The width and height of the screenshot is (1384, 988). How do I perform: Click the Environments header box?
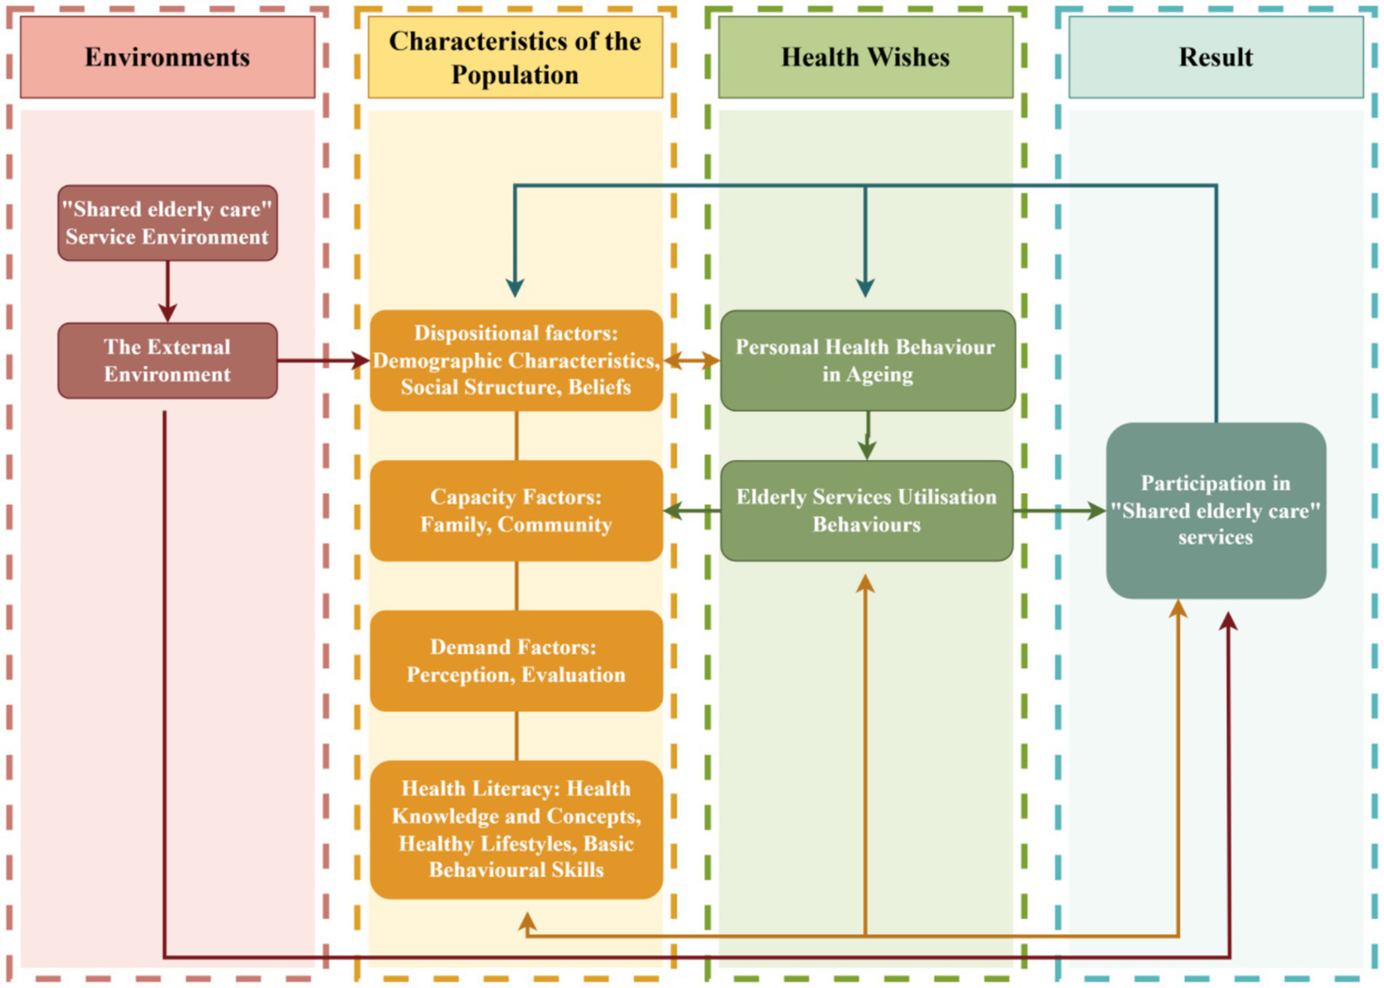coord(168,57)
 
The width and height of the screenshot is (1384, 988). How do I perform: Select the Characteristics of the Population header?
coord(515,57)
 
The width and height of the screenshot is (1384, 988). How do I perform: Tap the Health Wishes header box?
coord(865,57)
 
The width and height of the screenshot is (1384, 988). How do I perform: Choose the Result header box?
coord(1215,57)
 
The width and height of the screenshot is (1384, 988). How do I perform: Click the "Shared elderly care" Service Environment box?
coord(168,223)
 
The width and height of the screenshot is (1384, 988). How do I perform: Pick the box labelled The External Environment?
coord(168,361)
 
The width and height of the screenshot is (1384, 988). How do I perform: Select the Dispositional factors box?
coord(516,361)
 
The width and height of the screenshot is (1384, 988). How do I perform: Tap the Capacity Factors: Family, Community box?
coord(516,511)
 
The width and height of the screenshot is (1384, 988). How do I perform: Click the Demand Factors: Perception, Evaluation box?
coord(516,661)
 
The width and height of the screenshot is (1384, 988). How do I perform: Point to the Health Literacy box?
coord(516,829)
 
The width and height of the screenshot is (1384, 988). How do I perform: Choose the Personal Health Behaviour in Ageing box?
coord(867,361)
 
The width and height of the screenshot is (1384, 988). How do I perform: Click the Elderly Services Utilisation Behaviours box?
coord(866,511)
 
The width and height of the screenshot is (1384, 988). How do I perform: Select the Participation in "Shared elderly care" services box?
coord(1215,510)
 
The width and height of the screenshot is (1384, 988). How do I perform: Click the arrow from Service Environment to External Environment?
coord(168,291)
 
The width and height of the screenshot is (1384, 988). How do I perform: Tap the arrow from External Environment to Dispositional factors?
coord(323,361)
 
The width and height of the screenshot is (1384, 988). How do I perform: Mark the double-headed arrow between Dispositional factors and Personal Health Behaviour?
coord(692,361)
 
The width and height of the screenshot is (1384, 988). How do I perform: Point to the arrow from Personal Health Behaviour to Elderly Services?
coord(867,435)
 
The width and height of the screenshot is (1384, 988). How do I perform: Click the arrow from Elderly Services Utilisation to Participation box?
coord(1059,511)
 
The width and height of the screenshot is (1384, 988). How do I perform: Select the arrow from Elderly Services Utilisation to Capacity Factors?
coord(692,511)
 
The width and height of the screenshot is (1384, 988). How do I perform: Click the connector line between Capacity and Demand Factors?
coord(517,586)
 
